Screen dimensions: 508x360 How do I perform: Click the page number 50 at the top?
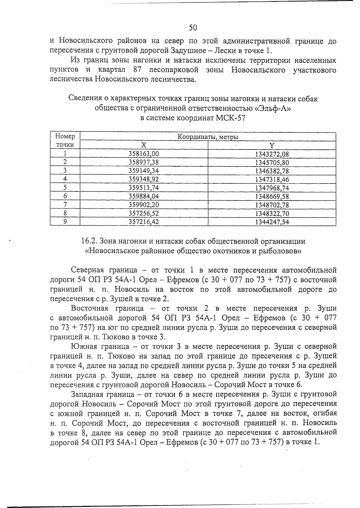(193, 28)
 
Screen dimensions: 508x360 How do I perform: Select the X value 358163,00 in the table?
(143, 154)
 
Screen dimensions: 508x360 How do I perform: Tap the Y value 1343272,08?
(271, 154)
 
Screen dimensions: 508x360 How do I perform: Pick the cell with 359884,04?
(143, 197)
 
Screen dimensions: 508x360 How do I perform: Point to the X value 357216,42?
(143, 222)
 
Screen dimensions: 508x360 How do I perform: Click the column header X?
(144, 145)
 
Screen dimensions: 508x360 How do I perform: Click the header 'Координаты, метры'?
(208, 137)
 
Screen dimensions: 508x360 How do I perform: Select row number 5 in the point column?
(65, 188)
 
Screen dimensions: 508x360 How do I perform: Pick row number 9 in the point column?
(65, 222)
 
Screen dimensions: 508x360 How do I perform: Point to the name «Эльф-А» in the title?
(271, 108)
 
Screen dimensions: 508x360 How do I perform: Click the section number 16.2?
(89, 241)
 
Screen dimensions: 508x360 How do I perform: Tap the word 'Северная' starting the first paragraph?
(89, 270)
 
